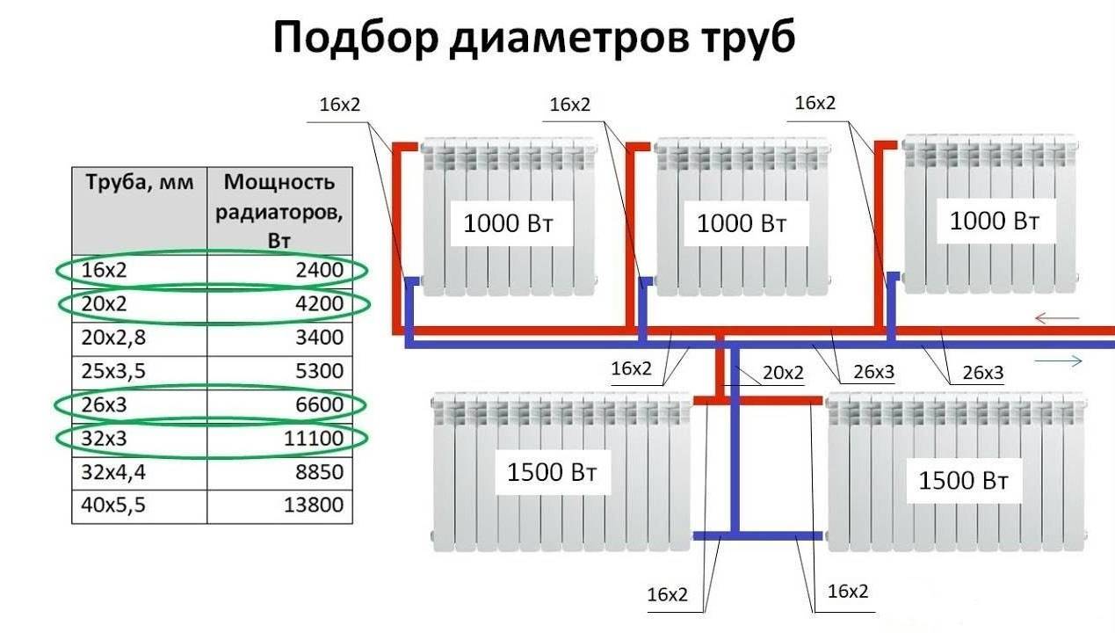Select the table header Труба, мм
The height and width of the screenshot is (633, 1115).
139,184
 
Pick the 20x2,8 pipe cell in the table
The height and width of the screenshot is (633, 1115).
110,338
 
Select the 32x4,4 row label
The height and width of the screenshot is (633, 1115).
110,472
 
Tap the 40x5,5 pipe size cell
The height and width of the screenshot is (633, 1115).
110,506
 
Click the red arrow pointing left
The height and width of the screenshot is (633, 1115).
1056,317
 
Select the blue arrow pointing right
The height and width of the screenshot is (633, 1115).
1058,360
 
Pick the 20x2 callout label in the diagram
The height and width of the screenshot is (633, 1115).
783,373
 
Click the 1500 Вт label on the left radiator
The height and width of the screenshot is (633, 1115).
552,472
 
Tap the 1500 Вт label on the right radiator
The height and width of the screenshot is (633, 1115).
964,481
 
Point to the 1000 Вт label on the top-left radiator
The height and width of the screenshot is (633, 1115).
508,223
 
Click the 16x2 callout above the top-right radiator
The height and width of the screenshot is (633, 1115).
815,103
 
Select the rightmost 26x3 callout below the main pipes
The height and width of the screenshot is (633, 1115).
982,373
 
